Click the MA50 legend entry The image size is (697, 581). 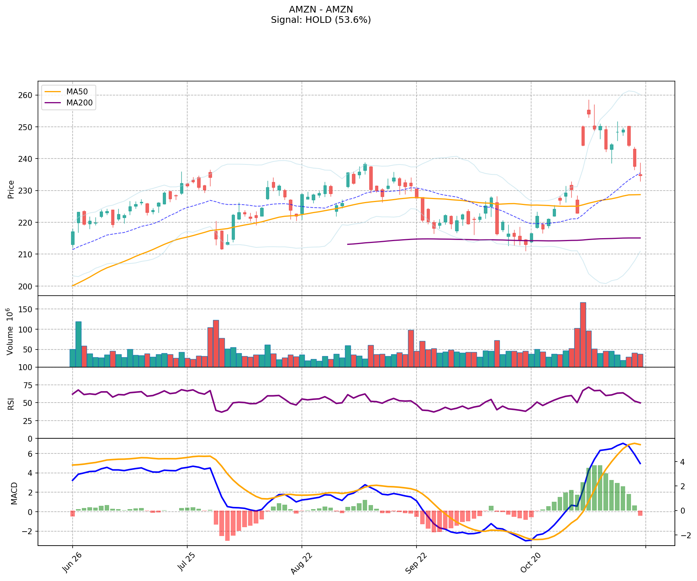(77, 92)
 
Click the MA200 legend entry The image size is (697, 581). (79, 103)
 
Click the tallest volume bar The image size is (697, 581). (583, 334)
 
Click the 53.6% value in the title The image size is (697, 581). (351, 20)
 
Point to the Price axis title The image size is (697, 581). (11, 189)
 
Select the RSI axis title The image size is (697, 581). (11, 403)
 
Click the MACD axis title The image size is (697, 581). (14, 493)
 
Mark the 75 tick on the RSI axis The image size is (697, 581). (28, 385)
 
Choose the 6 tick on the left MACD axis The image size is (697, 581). (31, 453)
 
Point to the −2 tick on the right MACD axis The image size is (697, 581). (683, 535)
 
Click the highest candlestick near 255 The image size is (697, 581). (589, 112)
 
